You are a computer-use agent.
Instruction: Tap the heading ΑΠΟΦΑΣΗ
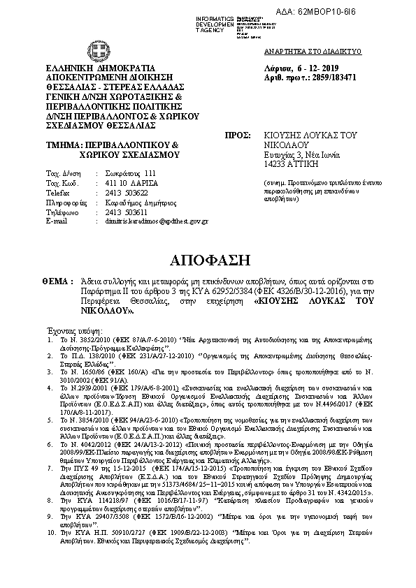(x=210, y=260)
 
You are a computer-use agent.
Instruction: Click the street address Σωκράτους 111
(x=122, y=172)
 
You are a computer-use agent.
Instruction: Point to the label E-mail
(x=55, y=221)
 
